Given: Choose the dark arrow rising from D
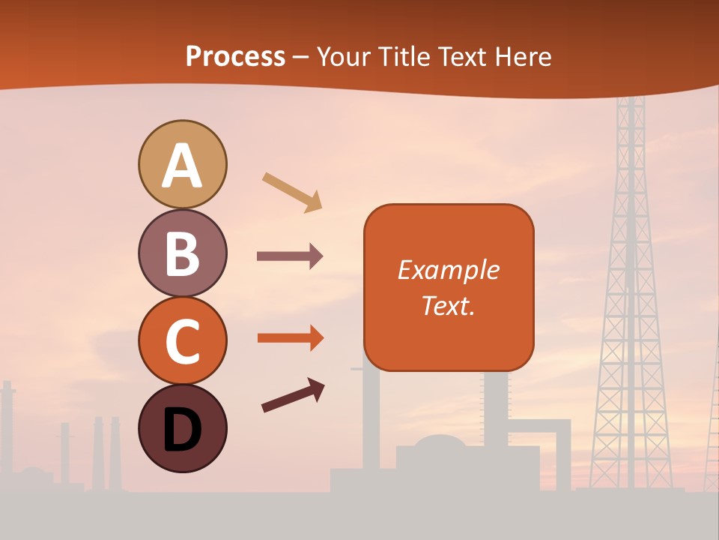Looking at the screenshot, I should click(293, 396).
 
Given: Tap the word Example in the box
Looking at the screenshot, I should click(449, 270).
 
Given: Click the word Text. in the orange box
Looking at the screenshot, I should click(449, 305).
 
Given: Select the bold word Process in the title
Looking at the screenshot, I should click(235, 56).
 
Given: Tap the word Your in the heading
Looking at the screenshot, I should click(344, 57).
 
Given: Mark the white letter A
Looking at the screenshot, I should click(182, 166).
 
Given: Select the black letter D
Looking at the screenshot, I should click(182, 430).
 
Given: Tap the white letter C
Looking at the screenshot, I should click(182, 341).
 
